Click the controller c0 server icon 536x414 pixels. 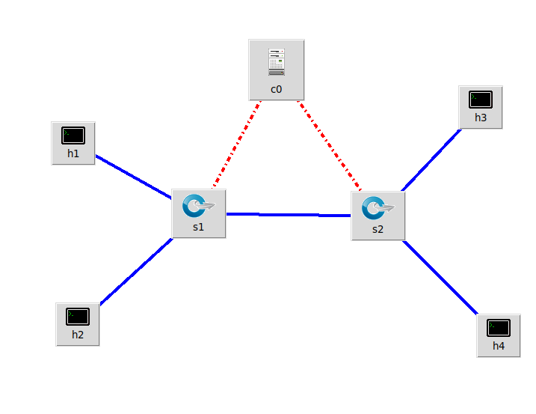277,62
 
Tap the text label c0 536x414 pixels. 277,89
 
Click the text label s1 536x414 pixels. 198,228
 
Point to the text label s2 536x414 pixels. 378,229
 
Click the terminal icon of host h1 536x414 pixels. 73,136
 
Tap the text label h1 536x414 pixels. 73,154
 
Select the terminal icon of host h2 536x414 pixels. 78,316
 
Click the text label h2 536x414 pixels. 78,335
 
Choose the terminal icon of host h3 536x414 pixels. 481,99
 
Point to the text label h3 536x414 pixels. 481,118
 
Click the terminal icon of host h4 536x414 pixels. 499,327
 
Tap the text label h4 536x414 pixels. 499,346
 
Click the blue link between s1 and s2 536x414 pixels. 288,215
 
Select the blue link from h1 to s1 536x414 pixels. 133,177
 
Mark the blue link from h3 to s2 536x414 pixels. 431,160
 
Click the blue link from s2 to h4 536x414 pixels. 440,277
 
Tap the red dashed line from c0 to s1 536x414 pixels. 236,144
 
